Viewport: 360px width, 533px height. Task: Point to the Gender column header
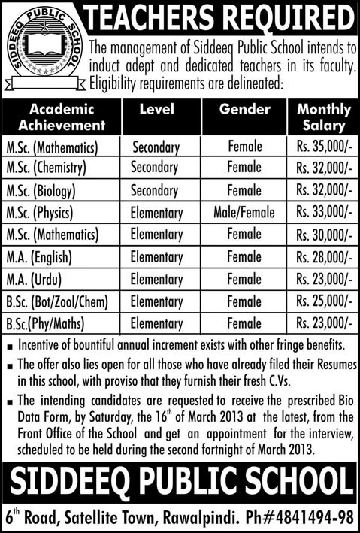(x=244, y=110)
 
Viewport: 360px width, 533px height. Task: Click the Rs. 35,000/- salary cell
(x=323, y=143)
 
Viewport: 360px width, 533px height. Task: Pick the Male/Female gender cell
(x=244, y=214)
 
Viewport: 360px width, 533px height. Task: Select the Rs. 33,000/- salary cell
(x=323, y=214)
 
